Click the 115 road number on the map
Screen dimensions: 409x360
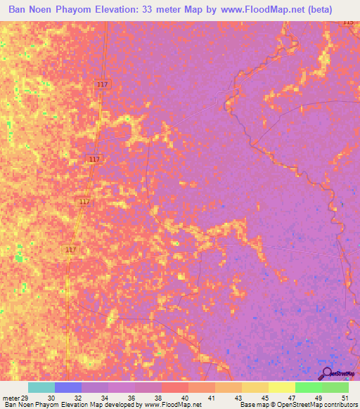[349, 22]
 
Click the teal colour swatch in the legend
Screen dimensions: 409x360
[41, 387]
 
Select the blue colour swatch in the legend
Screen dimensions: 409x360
[68, 387]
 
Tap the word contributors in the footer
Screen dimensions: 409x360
[340, 405]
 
